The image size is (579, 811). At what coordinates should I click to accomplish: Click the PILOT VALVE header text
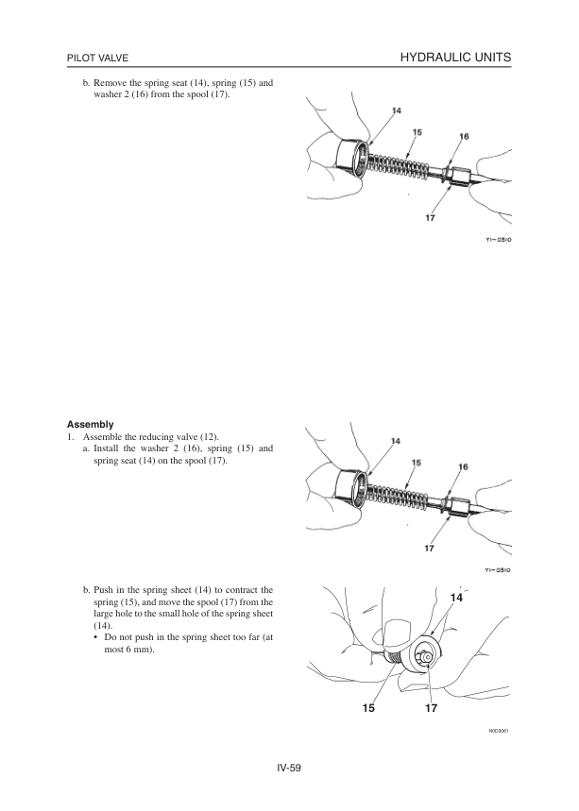[97, 59]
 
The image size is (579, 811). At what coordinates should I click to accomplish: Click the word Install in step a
[111, 448]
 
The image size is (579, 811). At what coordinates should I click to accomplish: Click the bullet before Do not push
[97, 639]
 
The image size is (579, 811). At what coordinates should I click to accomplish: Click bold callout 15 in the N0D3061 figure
[367, 707]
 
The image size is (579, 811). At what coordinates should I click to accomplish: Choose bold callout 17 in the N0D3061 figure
[430, 707]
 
